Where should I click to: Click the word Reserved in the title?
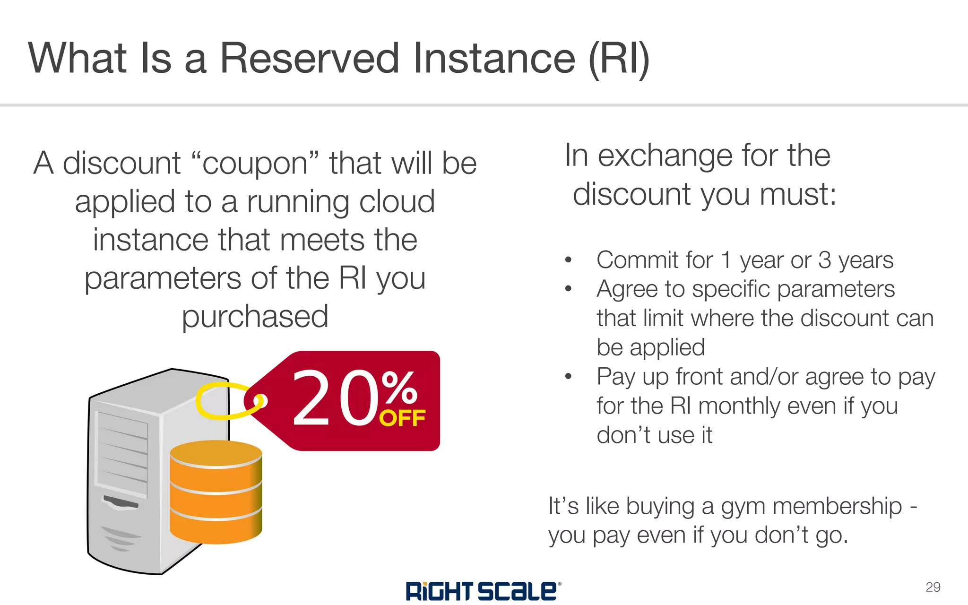click(x=310, y=59)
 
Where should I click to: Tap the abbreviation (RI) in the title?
click(x=619, y=59)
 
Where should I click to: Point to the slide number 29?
click(x=933, y=587)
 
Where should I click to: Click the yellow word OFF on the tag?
click(x=402, y=418)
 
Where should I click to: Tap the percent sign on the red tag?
click(x=399, y=387)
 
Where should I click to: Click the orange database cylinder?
click(x=216, y=492)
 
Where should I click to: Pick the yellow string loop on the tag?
click(x=222, y=401)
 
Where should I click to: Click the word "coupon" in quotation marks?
click(x=256, y=164)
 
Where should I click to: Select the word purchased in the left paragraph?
click(x=255, y=317)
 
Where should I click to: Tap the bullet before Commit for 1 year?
click(x=569, y=260)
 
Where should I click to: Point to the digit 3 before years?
click(x=824, y=260)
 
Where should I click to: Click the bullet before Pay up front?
click(x=569, y=377)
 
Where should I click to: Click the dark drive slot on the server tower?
click(x=121, y=502)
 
